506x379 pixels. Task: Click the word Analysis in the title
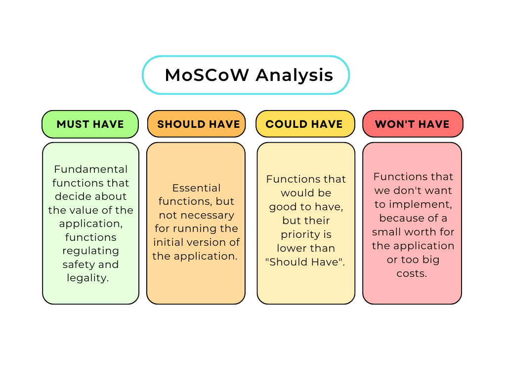pyautogui.click(x=295, y=75)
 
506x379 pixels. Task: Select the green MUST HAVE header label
pyautogui.click(x=90, y=124)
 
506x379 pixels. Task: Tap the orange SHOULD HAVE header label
pyautogui.click(x=198, y=124)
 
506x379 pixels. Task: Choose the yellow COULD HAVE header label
pyautogui.click(x=304, y=124)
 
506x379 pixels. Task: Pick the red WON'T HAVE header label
pyautogui.click(x=412, y=124)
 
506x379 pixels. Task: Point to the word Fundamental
pyautogui.click(x=90, y=169)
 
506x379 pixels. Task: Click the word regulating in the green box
pyautogui.click(x=90, y=251)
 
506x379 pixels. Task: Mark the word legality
pyautogui.click(x=87, y=278)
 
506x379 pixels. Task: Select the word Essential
pyautogui.click(x=196, y=188)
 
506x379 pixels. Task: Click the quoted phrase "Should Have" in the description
pyautogui.click(x=305, y=262)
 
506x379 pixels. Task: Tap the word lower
pyautogui.click(x=292, y=248)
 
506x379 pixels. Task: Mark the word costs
pyautogui.click(x=412, y=273)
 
